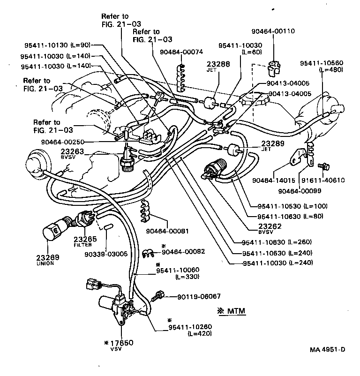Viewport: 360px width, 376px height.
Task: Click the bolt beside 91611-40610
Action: click(322, 166)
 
